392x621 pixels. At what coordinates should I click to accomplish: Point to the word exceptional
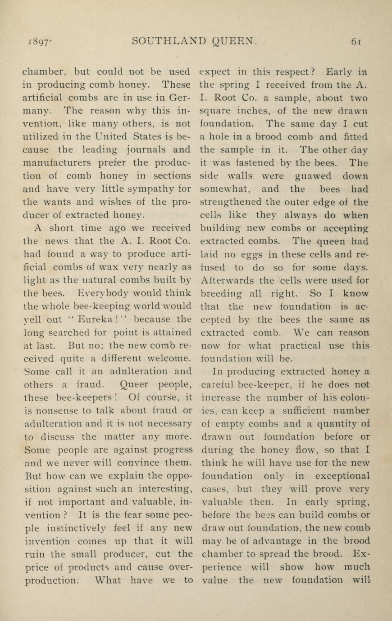point(342,476)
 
